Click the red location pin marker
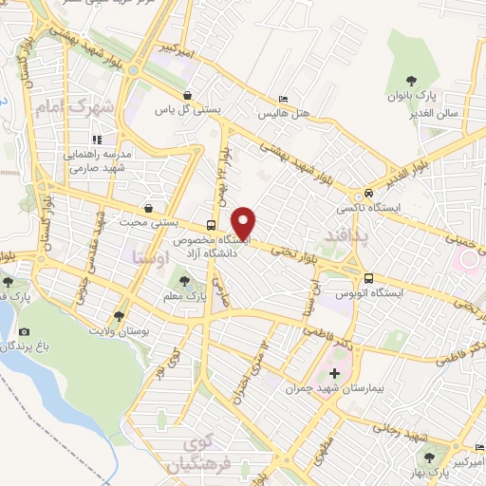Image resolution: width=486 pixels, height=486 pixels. pyautogui.click(x=245, y=222)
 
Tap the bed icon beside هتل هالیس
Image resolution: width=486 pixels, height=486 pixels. pyautogui.click(x=282, y=99)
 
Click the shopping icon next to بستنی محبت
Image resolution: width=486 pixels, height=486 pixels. pyautogui.click(x=147, y=207)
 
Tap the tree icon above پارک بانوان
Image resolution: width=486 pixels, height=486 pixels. pyautogui.click(x=410, y=82)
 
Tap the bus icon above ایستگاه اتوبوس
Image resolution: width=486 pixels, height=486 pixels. pyautogui.click(x=369, y=279)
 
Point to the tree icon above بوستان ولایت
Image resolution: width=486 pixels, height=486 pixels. pyautogui.click(x=119, y=316)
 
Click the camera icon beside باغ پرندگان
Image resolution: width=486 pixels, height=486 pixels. pyautogui.click(x=24, y=333)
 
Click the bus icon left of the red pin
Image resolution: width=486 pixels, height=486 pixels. pyautogui.click(x=211, y=226)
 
